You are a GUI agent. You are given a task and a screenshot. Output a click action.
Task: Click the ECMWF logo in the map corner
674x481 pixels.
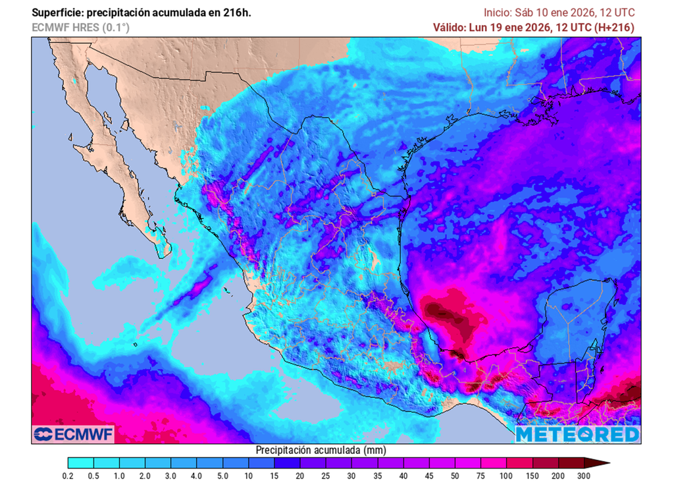point(73,434)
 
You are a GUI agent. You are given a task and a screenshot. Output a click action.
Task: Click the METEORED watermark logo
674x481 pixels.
point(577,434)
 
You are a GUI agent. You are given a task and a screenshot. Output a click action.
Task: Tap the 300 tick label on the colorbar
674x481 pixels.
point(583,476)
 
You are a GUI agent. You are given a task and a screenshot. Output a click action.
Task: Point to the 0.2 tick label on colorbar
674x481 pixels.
point(67,476)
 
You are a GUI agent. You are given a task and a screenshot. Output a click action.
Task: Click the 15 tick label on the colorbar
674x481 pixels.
point(274,476)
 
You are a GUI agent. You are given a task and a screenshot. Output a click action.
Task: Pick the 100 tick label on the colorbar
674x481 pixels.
point(506,476)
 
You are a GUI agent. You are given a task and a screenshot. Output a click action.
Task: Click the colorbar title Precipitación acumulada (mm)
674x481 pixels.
point(320,450)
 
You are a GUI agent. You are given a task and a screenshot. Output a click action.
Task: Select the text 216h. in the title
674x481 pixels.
point(238,13)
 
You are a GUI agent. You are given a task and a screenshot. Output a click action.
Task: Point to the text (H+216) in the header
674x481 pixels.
point(613,27)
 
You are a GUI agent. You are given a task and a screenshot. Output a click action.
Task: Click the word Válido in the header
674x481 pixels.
point(449,27)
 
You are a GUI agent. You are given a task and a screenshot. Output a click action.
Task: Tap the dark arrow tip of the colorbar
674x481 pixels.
point(604,463)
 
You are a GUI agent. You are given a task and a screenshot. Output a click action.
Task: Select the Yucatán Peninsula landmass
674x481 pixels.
point(579,316)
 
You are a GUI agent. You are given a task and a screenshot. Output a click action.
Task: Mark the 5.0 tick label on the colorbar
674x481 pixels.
point(222,476)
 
